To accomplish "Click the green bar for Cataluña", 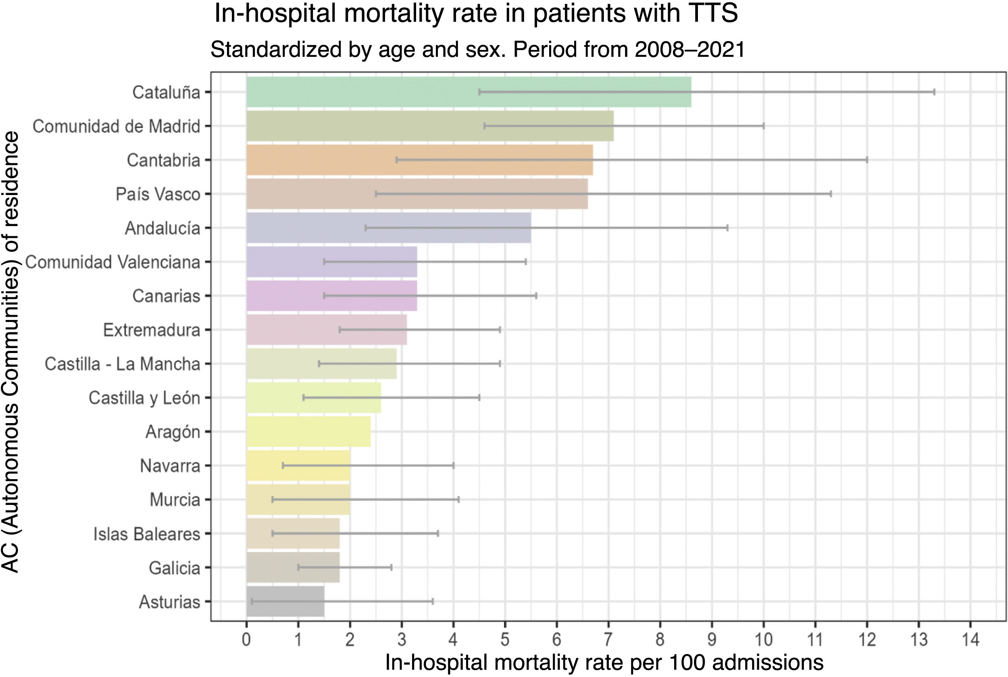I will pos(469,92).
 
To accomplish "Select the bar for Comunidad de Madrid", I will pos(430,126).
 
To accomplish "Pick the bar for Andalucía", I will pos(389,228).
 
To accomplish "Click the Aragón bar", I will pos(308,432).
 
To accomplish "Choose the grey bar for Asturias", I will pos(285,601).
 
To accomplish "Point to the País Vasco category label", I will pos(158,194).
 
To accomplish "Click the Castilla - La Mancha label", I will pos(122,364).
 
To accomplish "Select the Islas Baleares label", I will pos(147,534).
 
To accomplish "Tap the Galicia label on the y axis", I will pos(175,568).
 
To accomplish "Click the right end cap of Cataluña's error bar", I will pos(934,92).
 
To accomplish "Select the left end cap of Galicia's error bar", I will pos(298,567).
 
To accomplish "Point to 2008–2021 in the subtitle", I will pos(690,50).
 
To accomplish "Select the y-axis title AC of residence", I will pos(10,351).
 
